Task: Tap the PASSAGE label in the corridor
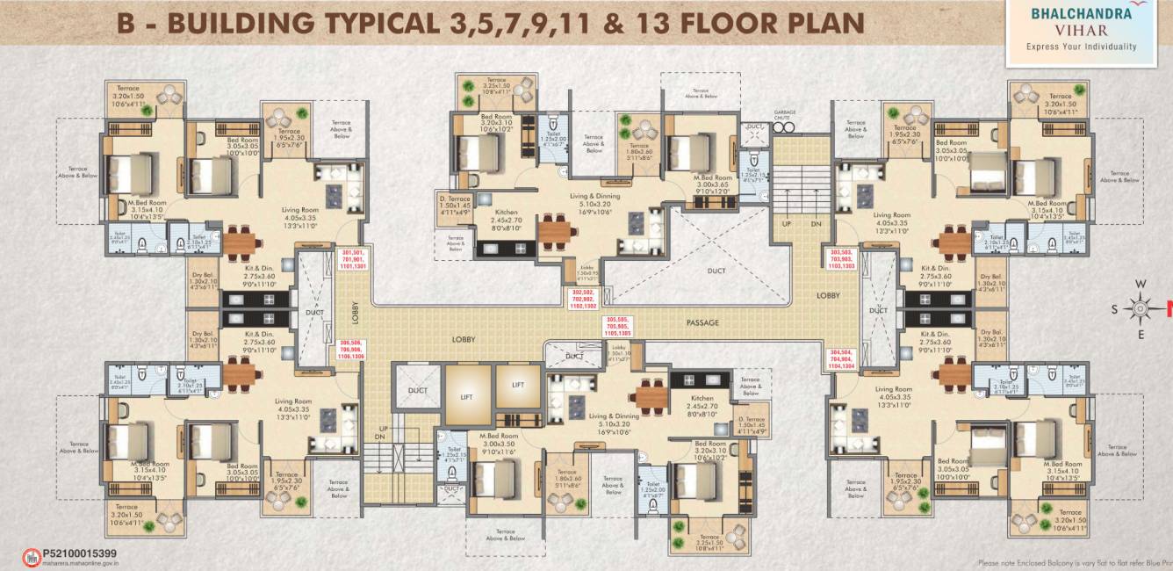(x=703, y=323)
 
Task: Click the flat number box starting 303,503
(x=842, y=261)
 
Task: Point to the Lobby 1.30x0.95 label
(x=587, y=275)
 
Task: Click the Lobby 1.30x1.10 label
(x=619, y=353)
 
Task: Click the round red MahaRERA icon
(x=31, y=558)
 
